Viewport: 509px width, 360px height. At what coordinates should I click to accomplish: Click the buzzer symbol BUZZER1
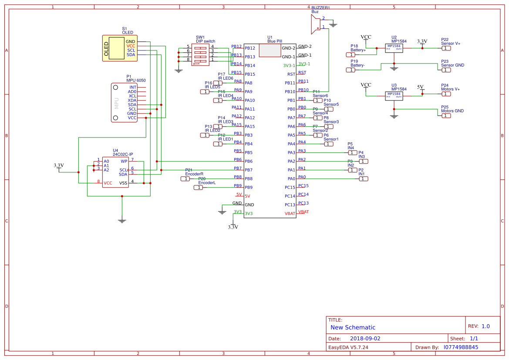[x=314, y=24]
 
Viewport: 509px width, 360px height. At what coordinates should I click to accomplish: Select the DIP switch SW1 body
[x=200, y=55]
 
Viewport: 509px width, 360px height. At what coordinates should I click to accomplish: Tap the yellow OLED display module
[x=119, y=48]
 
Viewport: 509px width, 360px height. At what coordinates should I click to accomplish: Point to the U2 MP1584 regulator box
[x=394, y=48]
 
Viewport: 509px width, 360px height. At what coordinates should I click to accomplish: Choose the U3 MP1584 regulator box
[x=394, y=96]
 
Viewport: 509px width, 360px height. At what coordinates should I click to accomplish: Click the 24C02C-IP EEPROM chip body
[x=115, y=172]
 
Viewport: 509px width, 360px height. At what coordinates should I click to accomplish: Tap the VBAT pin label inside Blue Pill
[x=290, y=213]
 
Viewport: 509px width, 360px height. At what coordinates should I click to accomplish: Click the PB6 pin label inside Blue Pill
[x=249, y=161]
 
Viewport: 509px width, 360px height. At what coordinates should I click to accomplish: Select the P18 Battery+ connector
[x=351, y=55]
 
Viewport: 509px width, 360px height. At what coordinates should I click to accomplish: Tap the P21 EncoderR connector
[x=185, y=179]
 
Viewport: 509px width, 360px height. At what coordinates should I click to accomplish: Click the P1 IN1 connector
[x=363, y=179]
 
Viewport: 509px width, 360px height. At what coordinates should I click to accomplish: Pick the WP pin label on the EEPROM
[x=124, y=161]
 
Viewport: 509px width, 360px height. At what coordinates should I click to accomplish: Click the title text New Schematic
[x=353, y=327]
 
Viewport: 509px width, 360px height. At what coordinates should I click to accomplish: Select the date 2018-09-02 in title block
[x=365, y=338]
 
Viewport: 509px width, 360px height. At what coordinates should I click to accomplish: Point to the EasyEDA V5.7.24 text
[x=348, y=347]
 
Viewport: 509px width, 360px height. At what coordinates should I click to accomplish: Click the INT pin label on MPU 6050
[x=133, y=87]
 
